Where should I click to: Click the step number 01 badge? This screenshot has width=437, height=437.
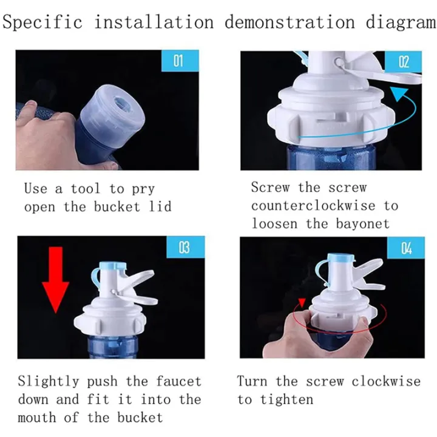[178, 61]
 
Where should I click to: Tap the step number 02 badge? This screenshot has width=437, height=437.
[404, 61]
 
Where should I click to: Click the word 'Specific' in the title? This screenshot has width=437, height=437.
[42, 23]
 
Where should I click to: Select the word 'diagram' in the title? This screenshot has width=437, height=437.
[400, 23]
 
